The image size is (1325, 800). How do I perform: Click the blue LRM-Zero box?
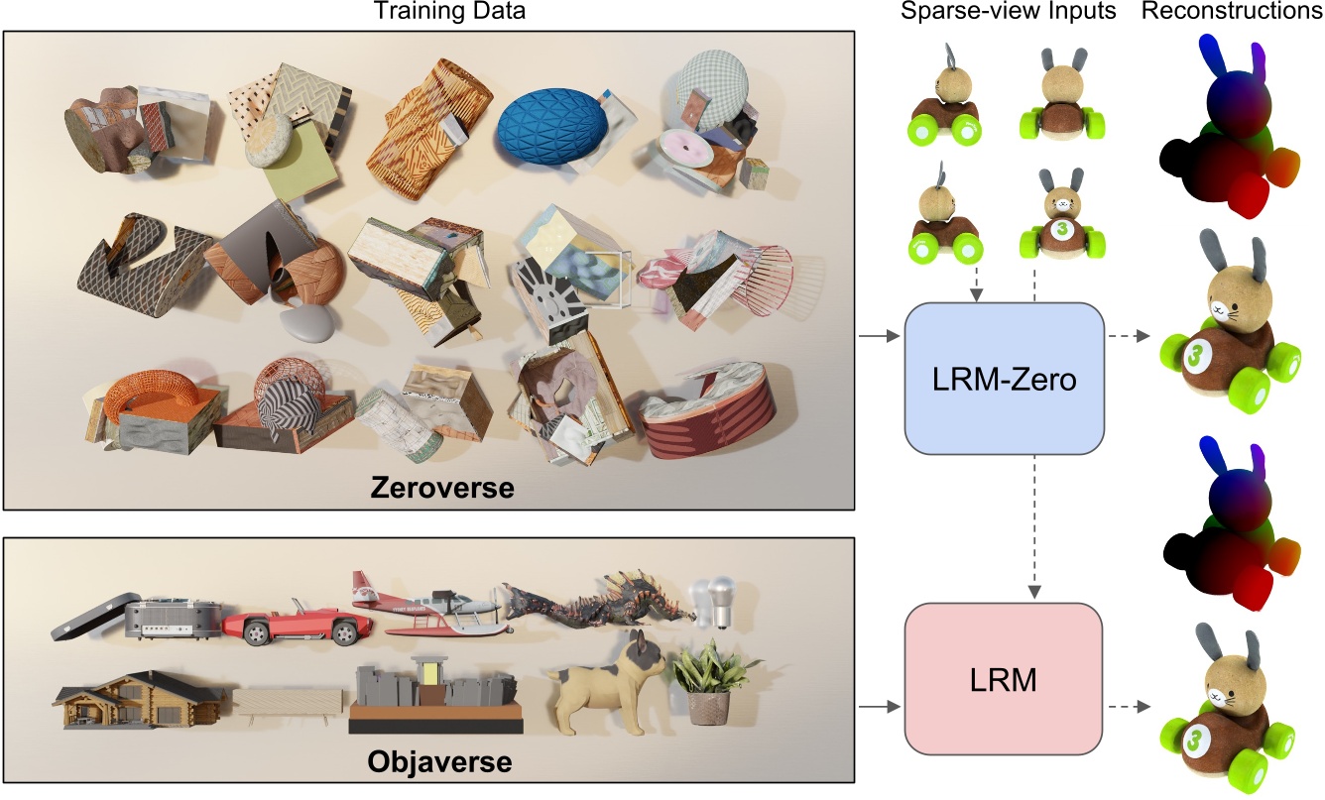[1004, 378]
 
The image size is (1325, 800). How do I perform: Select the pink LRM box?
[1004, 680]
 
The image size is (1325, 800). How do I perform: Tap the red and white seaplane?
[426, 602]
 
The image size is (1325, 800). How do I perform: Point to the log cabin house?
[139, 698]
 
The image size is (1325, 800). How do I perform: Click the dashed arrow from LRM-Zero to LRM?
[1033, 525]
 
